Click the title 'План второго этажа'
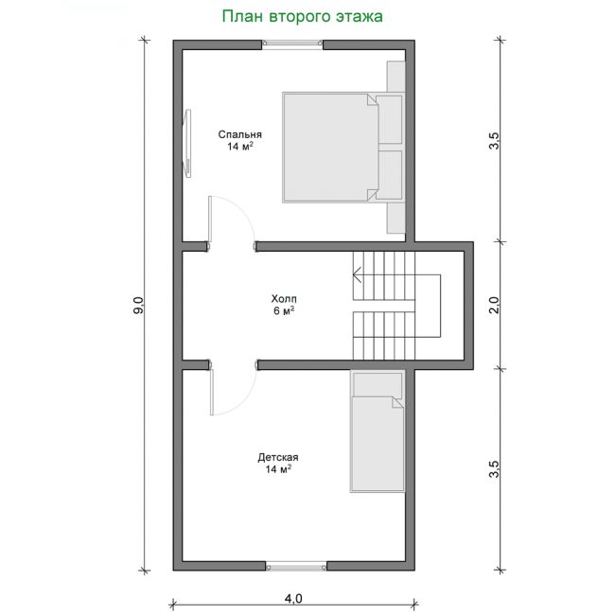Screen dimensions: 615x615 pyautogui.click(x=303, y=17)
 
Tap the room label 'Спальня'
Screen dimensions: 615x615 pyautogui.click(x=239, y=134)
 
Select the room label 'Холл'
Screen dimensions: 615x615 pyautogui.click(x=284, y=299)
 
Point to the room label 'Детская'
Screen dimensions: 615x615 pyautogui.click(x=278, y=457)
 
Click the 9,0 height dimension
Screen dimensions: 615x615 pyautogui.click(x=139, y=305)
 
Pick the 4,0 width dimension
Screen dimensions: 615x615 pyautogui.click(x=293, y=599)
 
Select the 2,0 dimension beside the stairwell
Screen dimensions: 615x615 pyautogui.click(x=495, y=305)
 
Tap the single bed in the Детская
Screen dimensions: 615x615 pyautogui.click(x=377, y=431)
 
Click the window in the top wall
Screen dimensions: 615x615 pyautogui.click(x=292, y=44)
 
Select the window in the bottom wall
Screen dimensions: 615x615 pyautogui.click(x=296, y=567)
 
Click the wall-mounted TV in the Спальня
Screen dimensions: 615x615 pyautogui.click(x=188, y=144)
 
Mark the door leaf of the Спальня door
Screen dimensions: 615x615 pyautogui.click(x=210, y=220)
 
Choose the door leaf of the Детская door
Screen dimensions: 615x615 pyautogui.click(x=212, y=392)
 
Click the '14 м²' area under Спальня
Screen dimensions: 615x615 pyautogui.click(x=239, y=147)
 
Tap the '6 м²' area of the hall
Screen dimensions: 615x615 pyautogui.click(x=284, y=311)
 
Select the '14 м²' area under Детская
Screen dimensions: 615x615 pyautogui.click(x=278, y=469)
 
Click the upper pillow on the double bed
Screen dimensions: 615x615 pyautogui.click(x=390, y=119)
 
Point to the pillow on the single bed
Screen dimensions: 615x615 pyautogui.click(x=378, y=384)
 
